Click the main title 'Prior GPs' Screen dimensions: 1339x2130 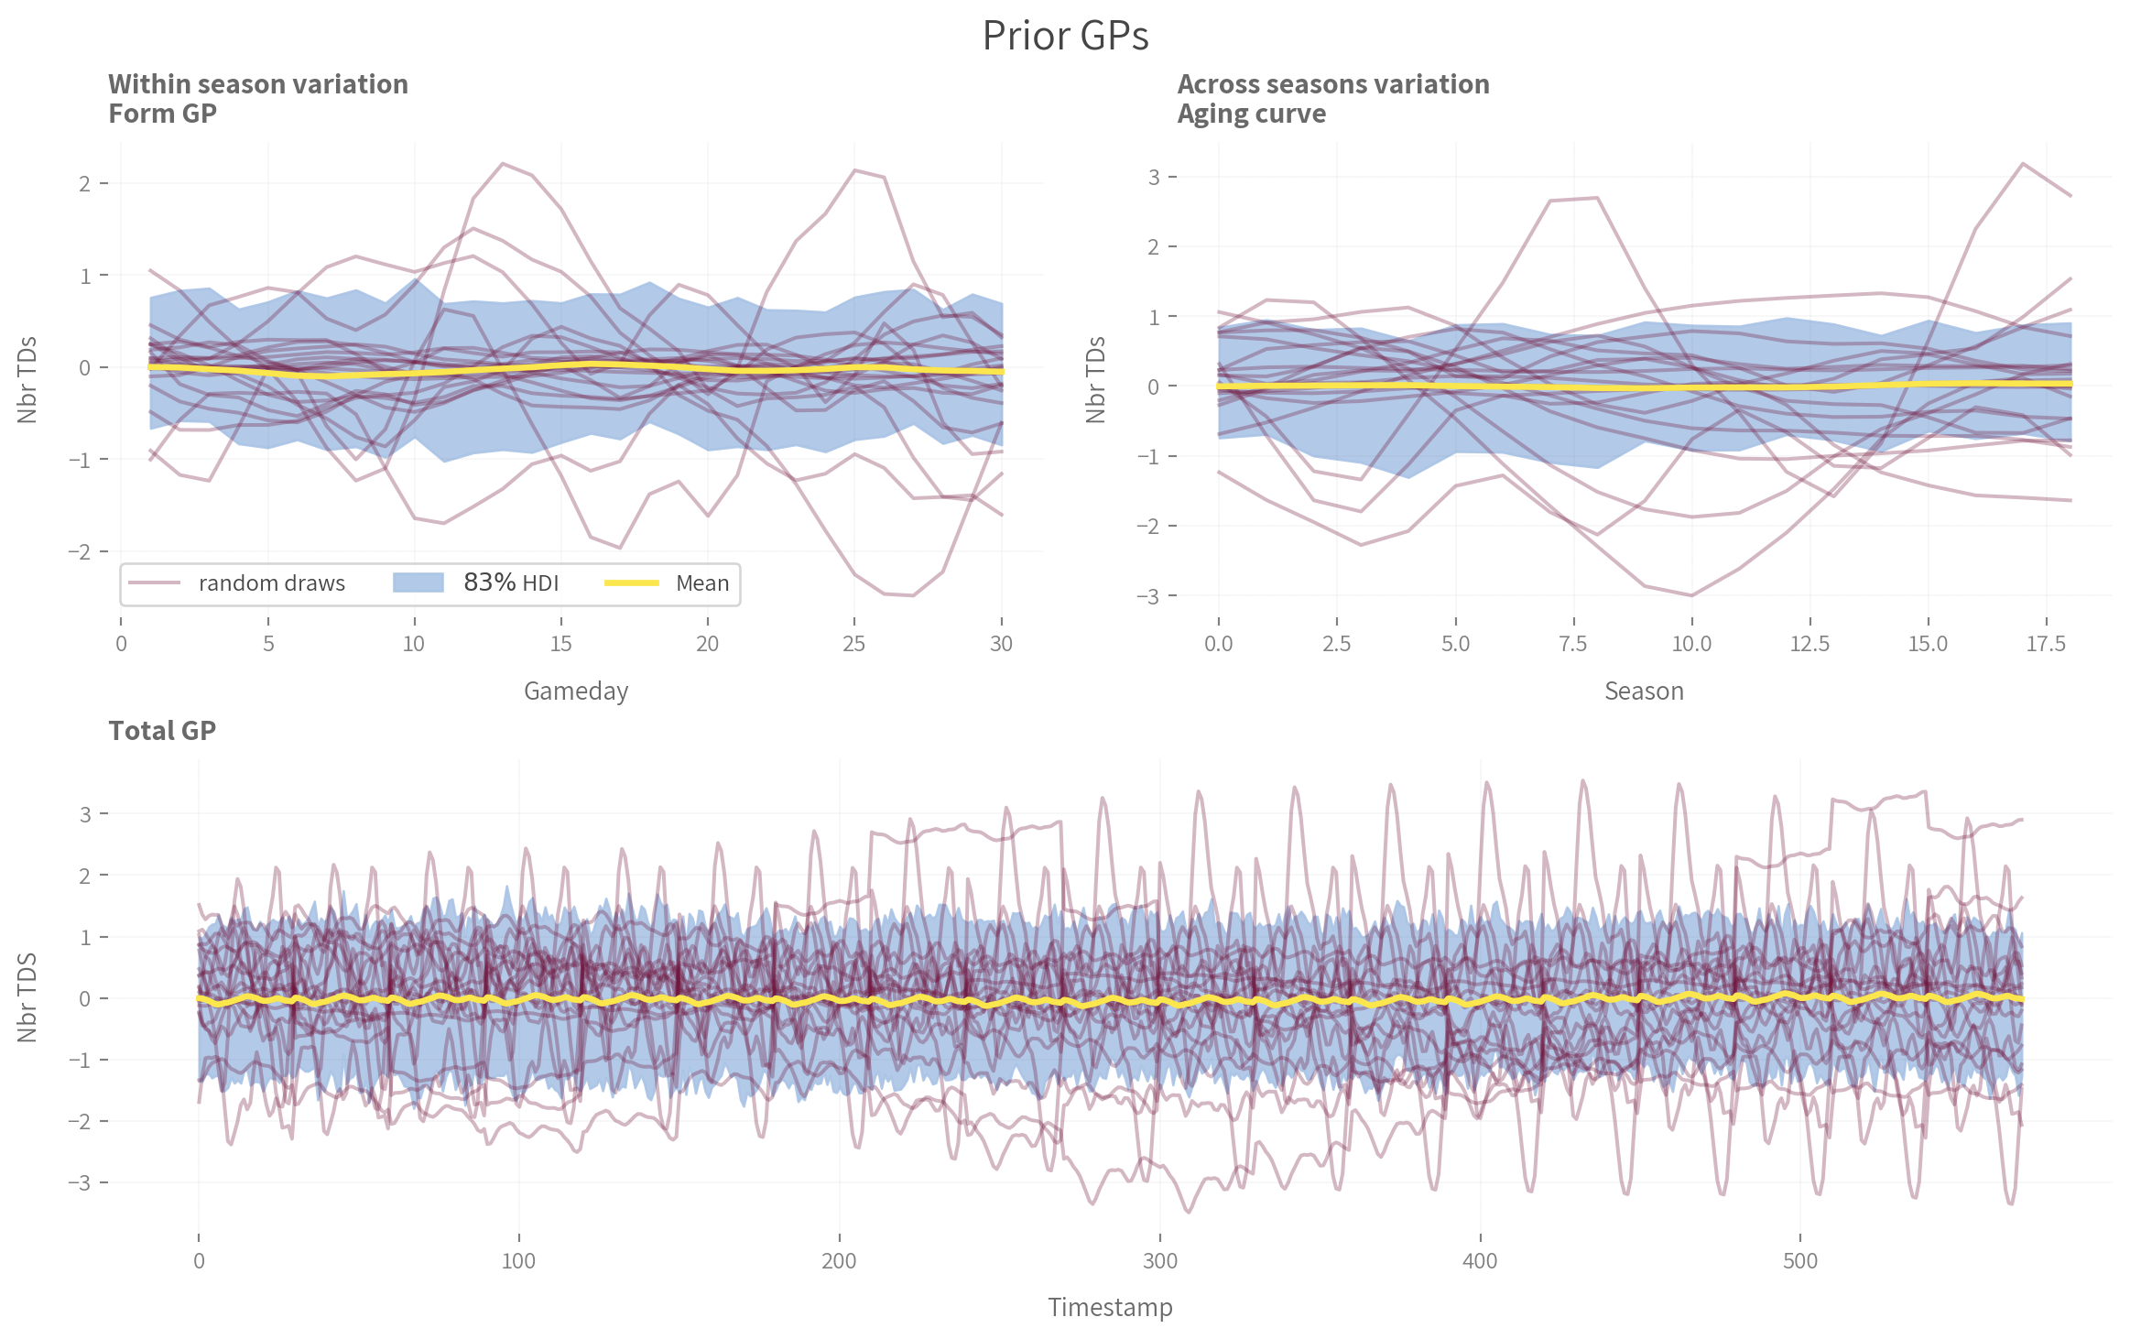(x=1065, y=36)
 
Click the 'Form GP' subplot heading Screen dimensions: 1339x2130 (x=162, y=114)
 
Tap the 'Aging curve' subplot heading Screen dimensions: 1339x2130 (x=1251, y=114)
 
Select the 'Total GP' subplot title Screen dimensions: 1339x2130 (x=162, y=730)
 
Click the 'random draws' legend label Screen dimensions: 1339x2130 (x=271, y=583)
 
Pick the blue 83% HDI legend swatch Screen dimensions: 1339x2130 (x=418, y=583)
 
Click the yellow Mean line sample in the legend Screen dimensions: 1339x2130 (x=632, y=583)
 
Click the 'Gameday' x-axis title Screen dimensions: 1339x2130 (x=576, y=691)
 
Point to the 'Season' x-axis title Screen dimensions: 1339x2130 (x=1644, y=691)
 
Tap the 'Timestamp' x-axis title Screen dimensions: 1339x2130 (x=1110, y=1307)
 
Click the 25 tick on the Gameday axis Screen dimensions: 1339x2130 (x=853, y=644)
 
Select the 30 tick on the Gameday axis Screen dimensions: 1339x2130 (x=1001, y=644)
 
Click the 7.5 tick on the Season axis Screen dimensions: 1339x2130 (x=1573, y=644)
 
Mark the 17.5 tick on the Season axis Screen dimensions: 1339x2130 (x=2046, y=644)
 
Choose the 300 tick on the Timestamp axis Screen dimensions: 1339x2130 (x=1159, y=1261)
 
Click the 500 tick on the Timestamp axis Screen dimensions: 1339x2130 (x=1799, y=1261)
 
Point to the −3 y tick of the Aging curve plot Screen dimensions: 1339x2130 (x=1147, y=596)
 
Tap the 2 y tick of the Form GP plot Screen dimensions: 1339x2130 (x=85, y=184)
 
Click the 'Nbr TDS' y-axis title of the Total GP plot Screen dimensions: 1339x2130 (x=27, y=997)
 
